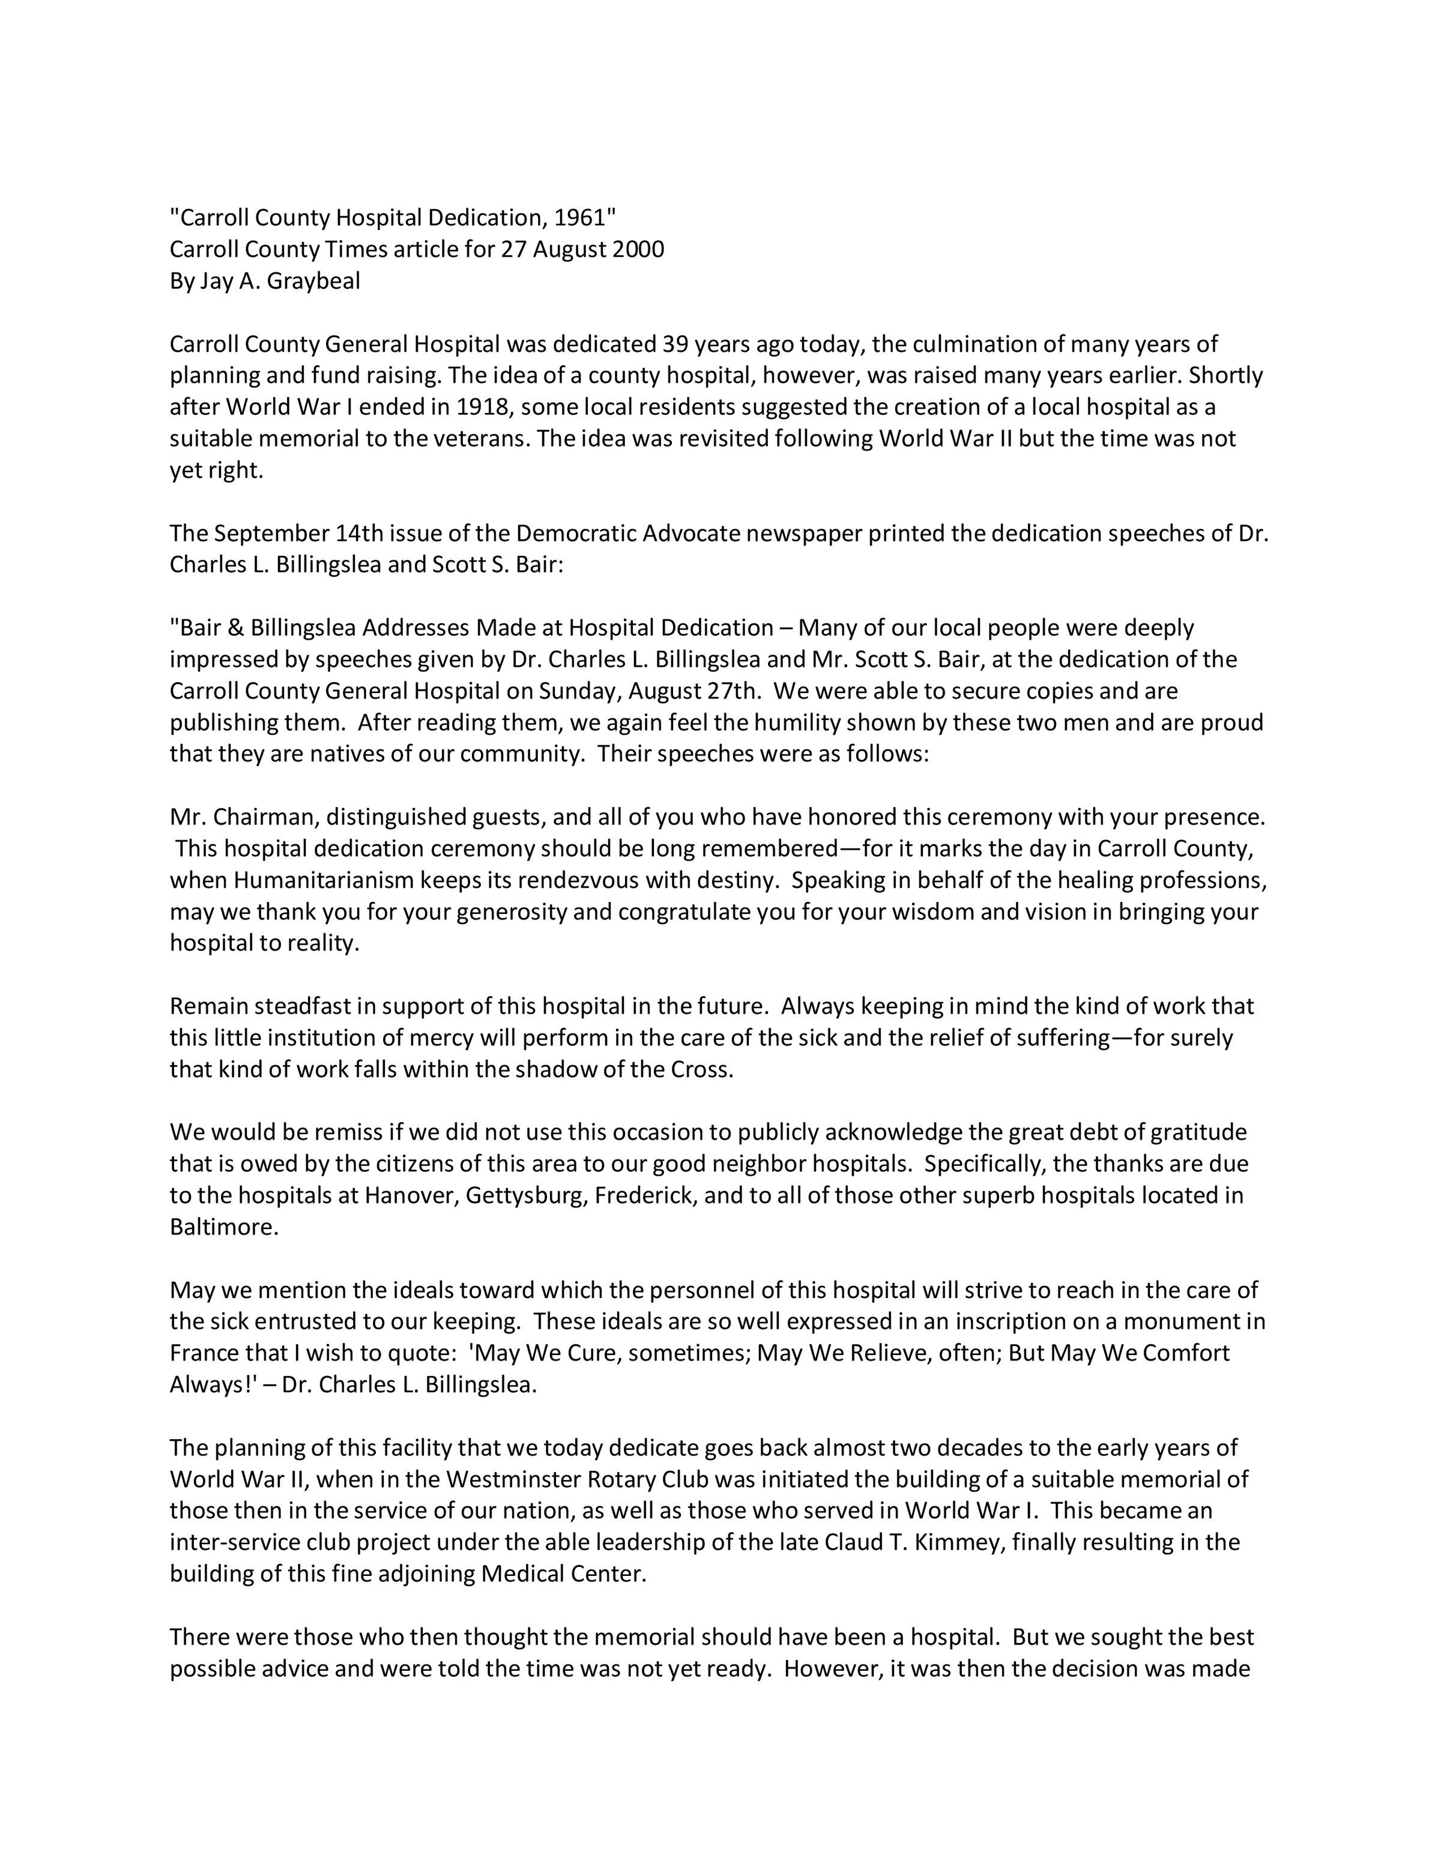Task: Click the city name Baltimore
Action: [x=224, y=1227]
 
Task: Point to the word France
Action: [x=208, y=1354]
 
